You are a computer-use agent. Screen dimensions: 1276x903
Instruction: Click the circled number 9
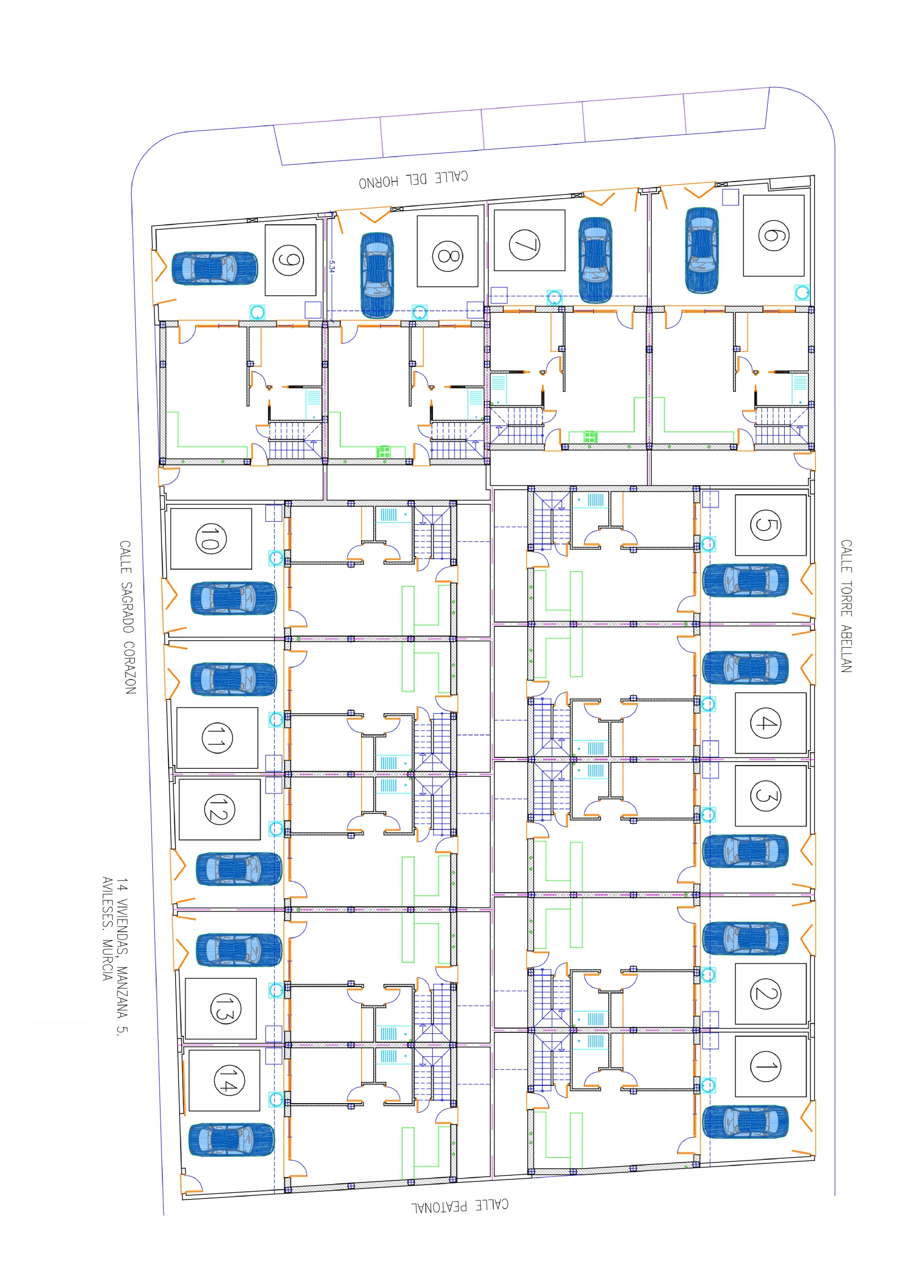pyautogui.click(x=288, y=260)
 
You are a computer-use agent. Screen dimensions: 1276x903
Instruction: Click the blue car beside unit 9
pyautogui.click(x=215, y=268)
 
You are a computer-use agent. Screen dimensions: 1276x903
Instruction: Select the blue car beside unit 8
pyautogui.click(x=377, y=275)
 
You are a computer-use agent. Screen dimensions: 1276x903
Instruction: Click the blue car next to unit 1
pyautogui.click(x=745, y=1121)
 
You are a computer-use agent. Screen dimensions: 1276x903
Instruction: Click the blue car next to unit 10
pyautogui.click(x=234, y=598)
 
